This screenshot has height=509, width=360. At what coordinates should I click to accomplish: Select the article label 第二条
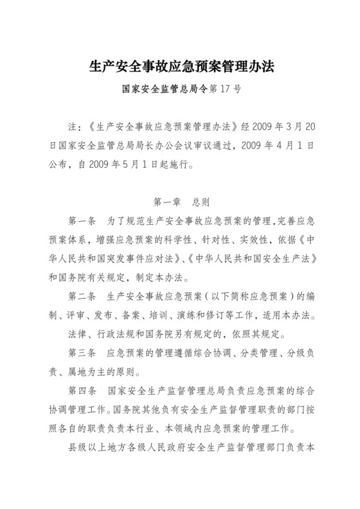coord(82,298)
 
